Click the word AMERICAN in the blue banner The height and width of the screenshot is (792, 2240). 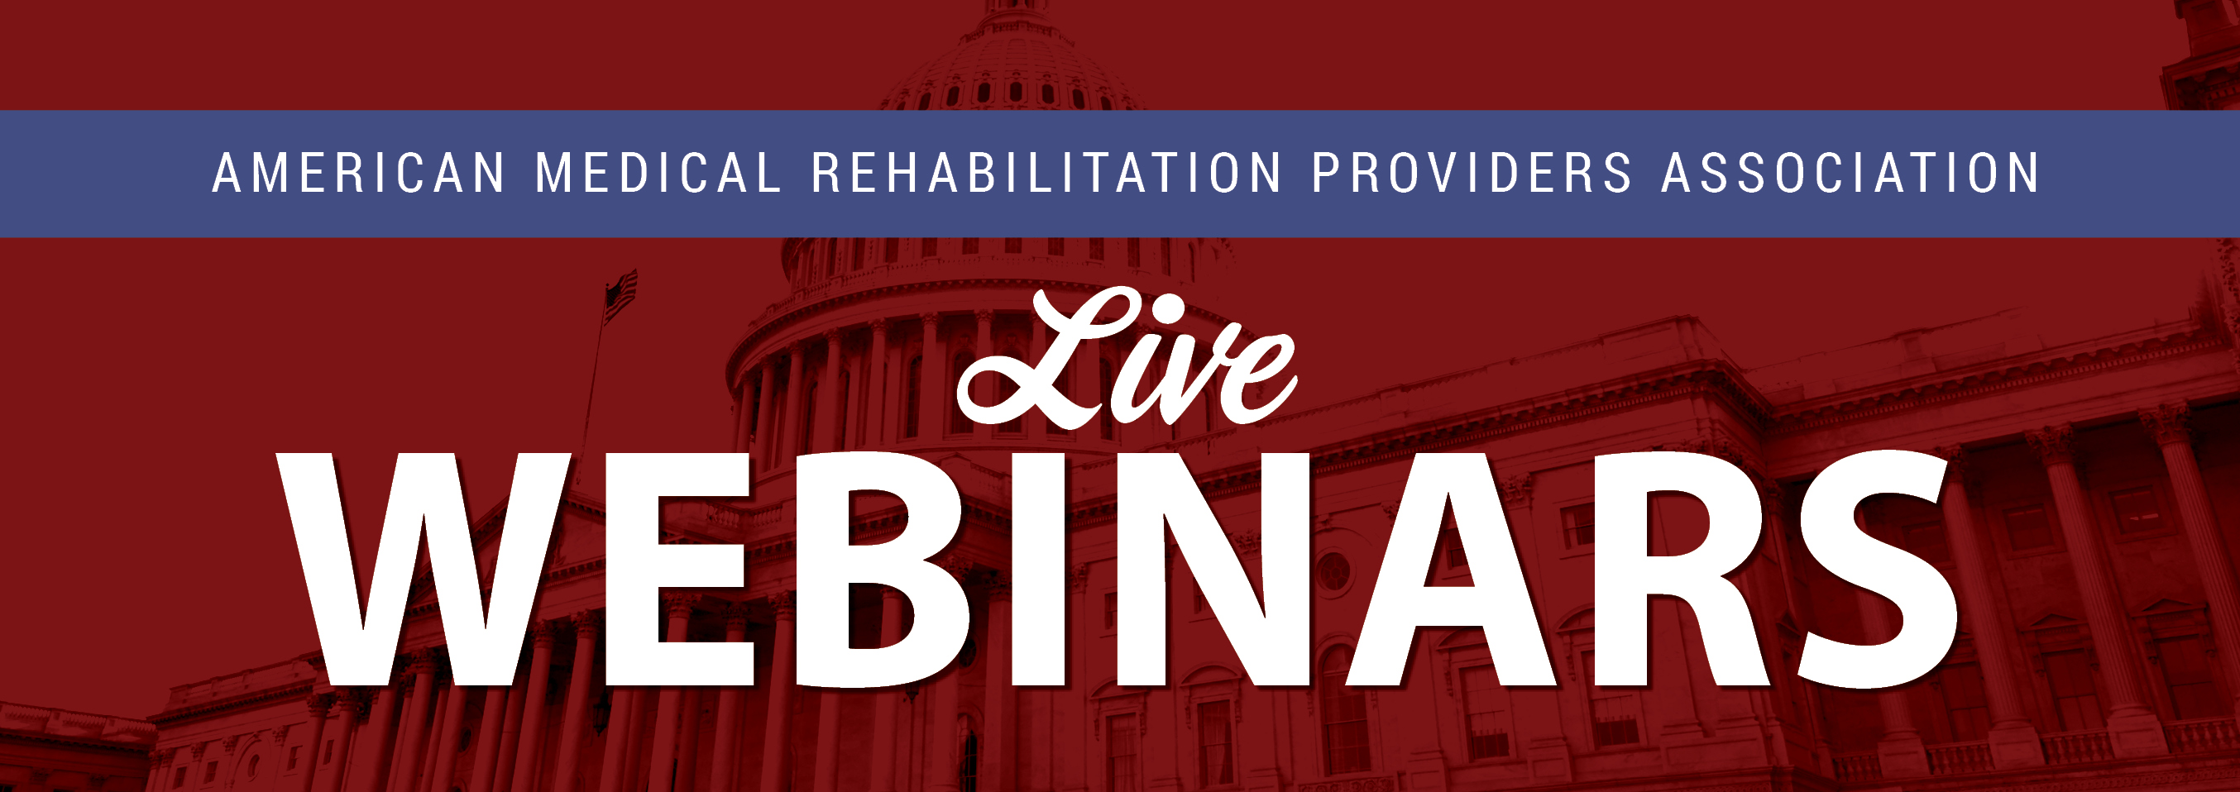[x=358, y=173]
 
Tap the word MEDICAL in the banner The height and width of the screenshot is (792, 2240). [x=658, y=173]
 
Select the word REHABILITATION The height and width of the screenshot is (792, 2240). [x=1046, y=173]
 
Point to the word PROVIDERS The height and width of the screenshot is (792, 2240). [x=1472, y=173]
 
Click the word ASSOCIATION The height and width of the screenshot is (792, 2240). [x=1850, y=173]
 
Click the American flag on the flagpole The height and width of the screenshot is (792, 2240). [x=620, y=296]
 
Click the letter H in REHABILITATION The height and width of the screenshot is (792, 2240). [x=900, y=173]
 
